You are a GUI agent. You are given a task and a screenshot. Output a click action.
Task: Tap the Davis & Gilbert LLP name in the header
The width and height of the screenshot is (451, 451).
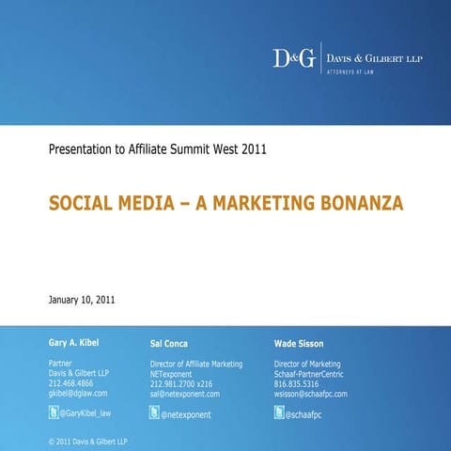coord(374,57)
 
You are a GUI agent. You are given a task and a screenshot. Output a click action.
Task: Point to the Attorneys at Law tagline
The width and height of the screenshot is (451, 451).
coord(350,72)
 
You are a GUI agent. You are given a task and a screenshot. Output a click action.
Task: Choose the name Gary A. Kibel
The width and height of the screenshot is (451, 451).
coord(73,343)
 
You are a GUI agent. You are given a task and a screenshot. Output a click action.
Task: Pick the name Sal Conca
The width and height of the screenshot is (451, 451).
coord(169,344)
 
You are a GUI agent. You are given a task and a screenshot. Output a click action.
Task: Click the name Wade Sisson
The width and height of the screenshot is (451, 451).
coord(299,344)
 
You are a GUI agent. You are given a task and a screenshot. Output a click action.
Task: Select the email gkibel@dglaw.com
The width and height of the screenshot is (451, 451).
coord(78,394)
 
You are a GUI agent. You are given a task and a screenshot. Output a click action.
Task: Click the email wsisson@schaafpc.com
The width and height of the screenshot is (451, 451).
coord(311,395)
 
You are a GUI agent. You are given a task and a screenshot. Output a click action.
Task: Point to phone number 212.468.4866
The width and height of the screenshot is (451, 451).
coord(71,383)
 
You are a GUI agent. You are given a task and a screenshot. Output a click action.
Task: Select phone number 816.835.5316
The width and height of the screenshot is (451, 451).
coord(297,384)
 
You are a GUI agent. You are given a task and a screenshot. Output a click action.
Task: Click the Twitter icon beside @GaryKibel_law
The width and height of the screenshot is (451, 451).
coord(54,412)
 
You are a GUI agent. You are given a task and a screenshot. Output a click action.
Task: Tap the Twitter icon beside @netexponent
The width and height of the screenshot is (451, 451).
coord(154,412)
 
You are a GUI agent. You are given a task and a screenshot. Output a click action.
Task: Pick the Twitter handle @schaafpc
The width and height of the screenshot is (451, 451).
coord(305,414)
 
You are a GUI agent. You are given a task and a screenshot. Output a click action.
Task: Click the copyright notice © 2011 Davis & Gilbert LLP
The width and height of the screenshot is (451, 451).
coord(87,441)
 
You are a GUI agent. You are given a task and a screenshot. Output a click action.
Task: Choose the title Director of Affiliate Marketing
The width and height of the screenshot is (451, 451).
coord(196,364)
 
